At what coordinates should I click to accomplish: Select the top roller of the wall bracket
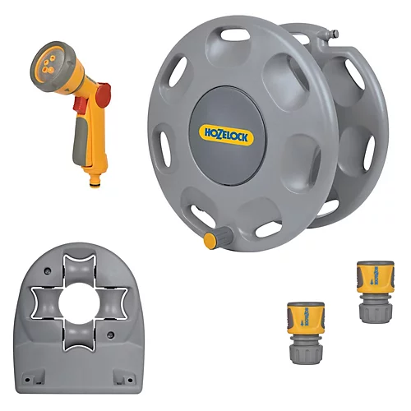point(80,268)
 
